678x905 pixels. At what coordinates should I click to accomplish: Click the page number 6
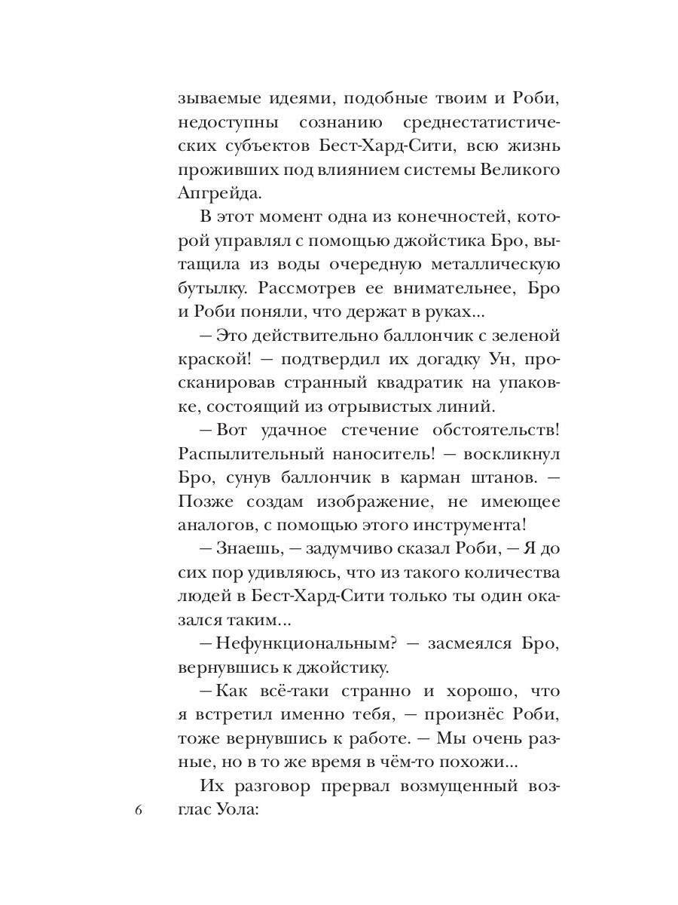point(138,811)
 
